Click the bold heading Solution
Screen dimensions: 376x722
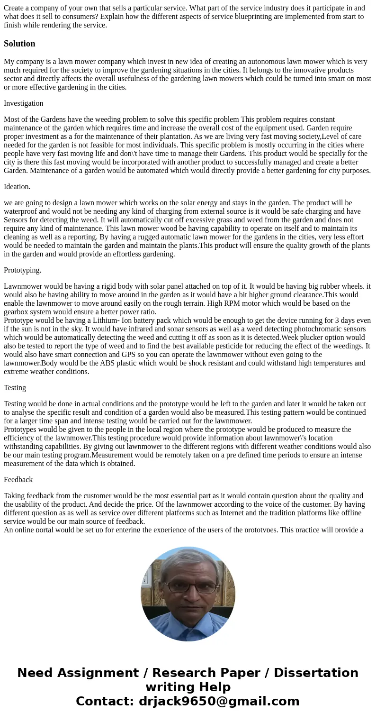click(19, 44)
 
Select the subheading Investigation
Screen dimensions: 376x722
click(23, 103)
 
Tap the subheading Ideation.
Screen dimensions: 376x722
click(17, 187)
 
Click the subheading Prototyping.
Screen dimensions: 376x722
click(22, 270)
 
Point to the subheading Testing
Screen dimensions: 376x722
click(15, 388)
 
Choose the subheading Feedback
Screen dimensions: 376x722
click(18, 480)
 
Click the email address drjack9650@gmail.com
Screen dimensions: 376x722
click(219, 701)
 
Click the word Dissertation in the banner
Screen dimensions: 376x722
click(316, 673)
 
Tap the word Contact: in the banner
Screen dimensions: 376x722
click(105, 701)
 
